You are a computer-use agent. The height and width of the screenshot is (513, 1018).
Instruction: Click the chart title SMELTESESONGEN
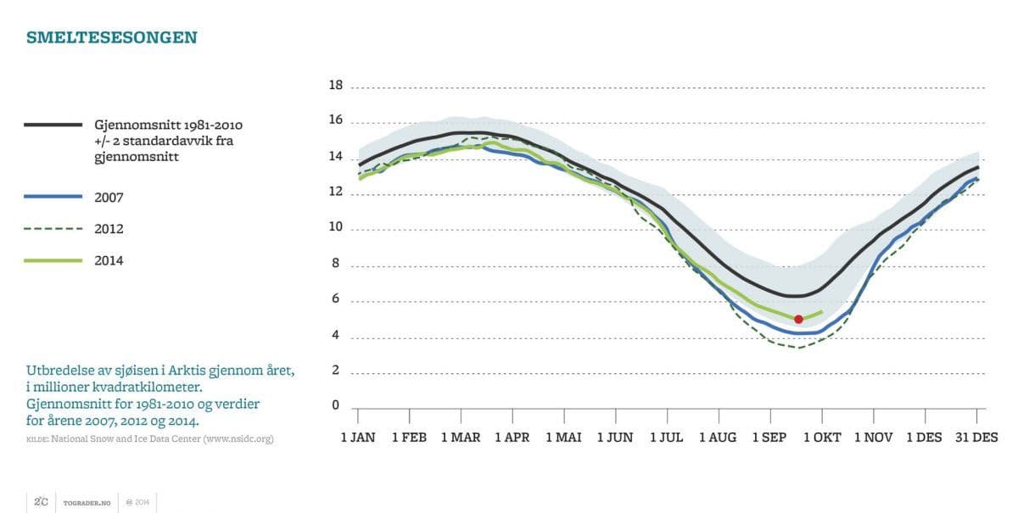pyautogui.click(x=112, y=37)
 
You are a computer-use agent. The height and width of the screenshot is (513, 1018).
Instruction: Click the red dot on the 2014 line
pyautogui.click(x=798, y=319)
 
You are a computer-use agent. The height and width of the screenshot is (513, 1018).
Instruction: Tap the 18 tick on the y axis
pyautogui.click(x=335, y=86)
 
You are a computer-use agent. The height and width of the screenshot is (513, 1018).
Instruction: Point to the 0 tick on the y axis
pyautogui.click(x=335, y=405)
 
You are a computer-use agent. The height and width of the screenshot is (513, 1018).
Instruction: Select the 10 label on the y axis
pyautogui.click(x=335, y=227)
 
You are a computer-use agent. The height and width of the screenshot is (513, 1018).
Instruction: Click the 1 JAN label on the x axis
pyautogui.click(x=358, y=438)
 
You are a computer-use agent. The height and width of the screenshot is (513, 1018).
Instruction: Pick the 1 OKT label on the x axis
pyautogui.click(x=821, y=438)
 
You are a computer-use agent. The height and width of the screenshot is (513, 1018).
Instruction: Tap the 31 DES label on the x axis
pyautogui.click(x=976, y=438)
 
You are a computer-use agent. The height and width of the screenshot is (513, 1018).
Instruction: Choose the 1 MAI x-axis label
pyautogui.click(x=563, y=438)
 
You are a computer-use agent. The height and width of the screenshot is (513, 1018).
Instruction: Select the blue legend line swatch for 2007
pyautogui.click(x=53, y=197)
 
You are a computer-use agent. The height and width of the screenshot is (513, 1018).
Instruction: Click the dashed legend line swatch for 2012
pyautogui.click(x=53, y=229)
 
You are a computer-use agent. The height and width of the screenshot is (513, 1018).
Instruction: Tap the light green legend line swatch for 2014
pyautogui.click(x=53, y=260)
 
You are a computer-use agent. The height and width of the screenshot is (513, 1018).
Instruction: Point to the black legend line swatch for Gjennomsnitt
pyautogui.click(x=53, y=125)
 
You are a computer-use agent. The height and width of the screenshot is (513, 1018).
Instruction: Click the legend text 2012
pyautogui.click(x=109, y=229)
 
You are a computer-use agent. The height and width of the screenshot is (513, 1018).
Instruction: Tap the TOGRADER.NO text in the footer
pyautogui.click(x=86, y=502)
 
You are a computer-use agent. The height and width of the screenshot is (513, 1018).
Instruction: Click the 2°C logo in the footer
pyautogui.click(x=40, y=502)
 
